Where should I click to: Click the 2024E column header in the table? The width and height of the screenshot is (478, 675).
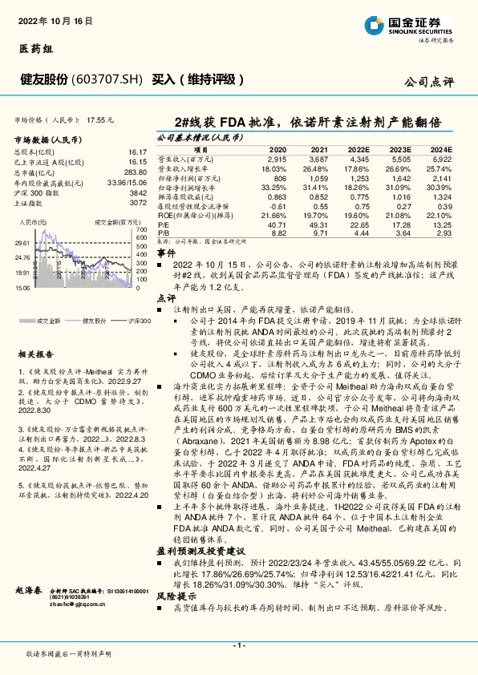[x=441, y=150]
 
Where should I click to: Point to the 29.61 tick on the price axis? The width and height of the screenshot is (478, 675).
[x=22, y=242]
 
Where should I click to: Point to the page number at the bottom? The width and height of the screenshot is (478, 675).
[x=238, y=645]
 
